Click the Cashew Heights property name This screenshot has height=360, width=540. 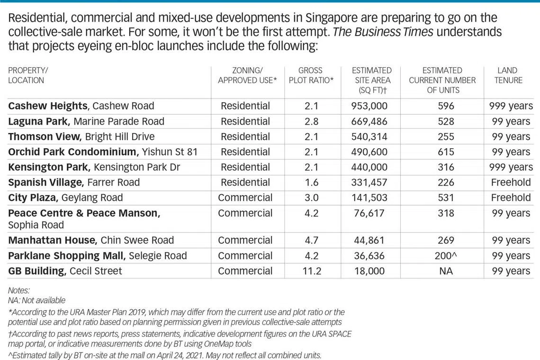[47, 106]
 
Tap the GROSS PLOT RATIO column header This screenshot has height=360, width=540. [311, 75]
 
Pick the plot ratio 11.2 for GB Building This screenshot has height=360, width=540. [311, 271]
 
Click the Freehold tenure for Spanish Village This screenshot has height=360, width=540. [511, 182]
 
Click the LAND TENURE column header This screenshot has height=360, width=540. [508, 75]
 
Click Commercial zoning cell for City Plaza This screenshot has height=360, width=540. [245, 198]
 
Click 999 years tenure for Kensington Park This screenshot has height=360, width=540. [511, 167]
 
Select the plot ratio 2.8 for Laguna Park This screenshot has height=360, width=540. [311, 121]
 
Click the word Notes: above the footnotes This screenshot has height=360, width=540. [19, 290]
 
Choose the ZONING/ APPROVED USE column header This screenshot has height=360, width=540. [247, 75]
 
